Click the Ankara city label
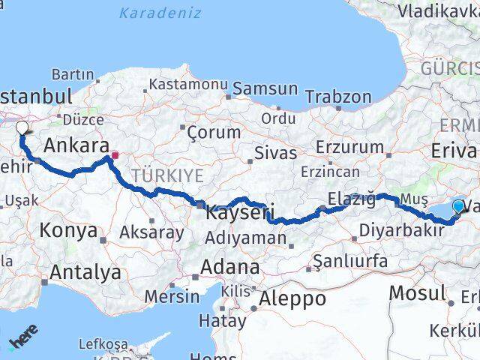[x=77, y=145]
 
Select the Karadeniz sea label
[x=160, y=13]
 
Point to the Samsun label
[x=265, y=88]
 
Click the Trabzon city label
[x=339, y=97]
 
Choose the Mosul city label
[x=418, y=292]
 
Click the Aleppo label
[x=292, y=298]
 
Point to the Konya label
[x=68, y=229]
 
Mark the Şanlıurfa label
[x=351, y=261]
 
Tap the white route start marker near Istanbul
[x=22, y=128]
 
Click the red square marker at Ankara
[x=115, y=156]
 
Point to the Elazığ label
[x=351, y=199]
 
